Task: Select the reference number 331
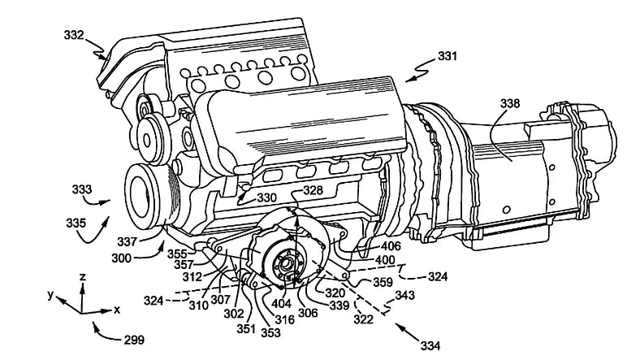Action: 447,57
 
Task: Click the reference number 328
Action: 313,190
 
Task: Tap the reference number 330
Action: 266,197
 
